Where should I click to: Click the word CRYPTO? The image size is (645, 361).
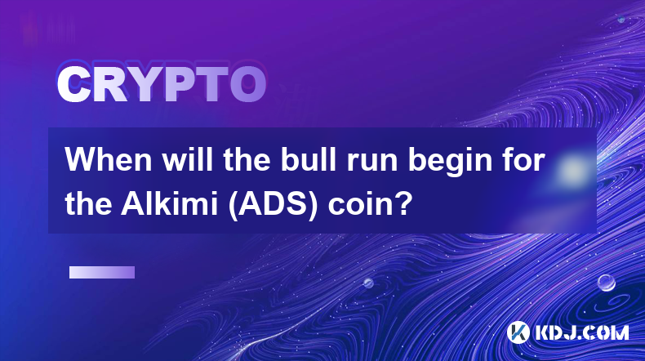(162, 84)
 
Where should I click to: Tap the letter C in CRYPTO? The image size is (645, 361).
(73, 84)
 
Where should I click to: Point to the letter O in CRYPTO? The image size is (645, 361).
(247, 84)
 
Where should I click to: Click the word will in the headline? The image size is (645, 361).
(187, 160)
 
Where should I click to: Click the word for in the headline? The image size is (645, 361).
(521, 160)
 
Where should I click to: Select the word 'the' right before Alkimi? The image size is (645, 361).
(88, 204)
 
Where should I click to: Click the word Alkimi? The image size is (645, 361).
(169, 204)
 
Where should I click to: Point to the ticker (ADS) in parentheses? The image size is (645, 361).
(273, 205)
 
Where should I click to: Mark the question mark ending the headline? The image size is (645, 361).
(404, 204)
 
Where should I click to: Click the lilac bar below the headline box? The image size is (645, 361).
(102, 272)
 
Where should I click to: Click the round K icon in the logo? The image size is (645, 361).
(518, 332)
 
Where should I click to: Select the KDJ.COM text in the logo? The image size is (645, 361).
(581, 333)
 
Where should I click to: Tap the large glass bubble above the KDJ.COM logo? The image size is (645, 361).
(607, 283)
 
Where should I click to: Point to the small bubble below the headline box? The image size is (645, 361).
(368, 283)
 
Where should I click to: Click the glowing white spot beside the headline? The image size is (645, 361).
(572, 170)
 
